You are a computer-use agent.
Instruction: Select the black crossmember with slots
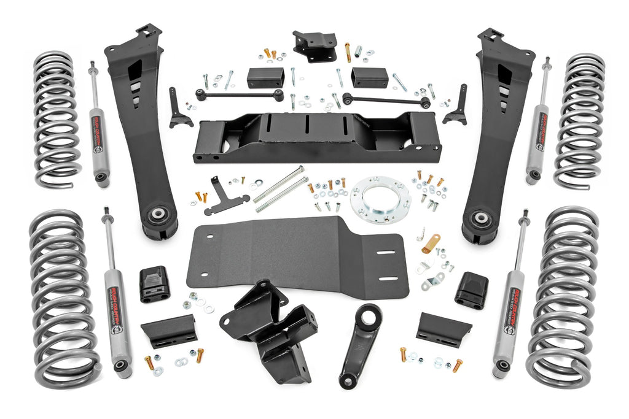316,139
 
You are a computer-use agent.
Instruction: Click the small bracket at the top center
314,45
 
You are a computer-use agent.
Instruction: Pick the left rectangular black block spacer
265,78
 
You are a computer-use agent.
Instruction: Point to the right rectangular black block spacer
369,78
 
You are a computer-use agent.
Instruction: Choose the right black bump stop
472,290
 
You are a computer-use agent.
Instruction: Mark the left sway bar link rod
240,94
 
